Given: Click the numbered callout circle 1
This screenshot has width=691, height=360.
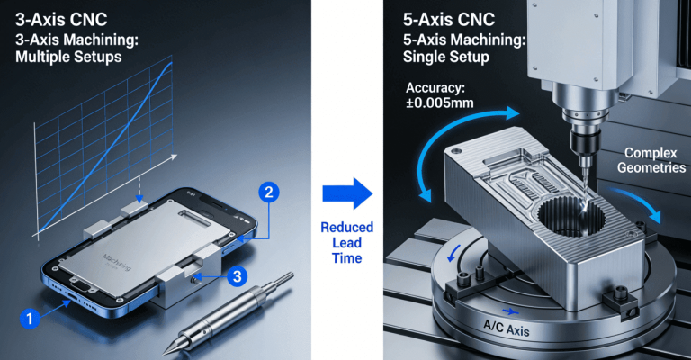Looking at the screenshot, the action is [30, 318].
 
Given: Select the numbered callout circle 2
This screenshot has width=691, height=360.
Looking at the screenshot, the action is [268, 193].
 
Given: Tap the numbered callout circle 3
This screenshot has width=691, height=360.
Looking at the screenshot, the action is [238, 276].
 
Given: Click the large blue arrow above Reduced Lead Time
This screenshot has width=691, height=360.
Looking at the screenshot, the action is [347, 193].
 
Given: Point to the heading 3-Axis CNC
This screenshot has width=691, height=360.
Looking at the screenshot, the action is [61, 20].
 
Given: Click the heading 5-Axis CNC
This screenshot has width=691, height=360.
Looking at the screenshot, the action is [449, 20].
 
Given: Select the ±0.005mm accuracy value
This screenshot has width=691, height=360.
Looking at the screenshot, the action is [440, 103].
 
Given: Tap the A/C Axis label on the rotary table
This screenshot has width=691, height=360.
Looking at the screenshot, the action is [507, 328].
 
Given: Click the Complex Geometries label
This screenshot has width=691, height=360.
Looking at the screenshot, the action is [651, 160].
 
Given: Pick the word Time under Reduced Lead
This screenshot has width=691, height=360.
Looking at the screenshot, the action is [346, 258].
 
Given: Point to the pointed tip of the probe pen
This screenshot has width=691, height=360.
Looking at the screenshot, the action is [166, 353].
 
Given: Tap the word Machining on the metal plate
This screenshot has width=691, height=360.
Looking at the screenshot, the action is [116, 263].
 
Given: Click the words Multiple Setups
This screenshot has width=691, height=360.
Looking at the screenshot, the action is [68, 57].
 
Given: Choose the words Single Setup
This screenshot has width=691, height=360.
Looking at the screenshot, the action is [446, 57].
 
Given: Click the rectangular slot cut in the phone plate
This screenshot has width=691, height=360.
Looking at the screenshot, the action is [193, 217].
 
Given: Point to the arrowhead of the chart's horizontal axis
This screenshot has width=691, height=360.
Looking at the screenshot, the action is [174, 156].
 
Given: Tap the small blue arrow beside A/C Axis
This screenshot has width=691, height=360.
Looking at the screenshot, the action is [510, 312].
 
